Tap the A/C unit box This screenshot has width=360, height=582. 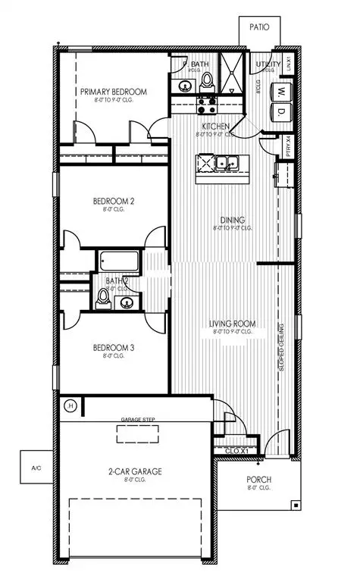(x=33, y=468)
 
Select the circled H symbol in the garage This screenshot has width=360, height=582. (x=71, y=406)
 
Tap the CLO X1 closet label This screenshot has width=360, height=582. (x=238, y=451)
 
